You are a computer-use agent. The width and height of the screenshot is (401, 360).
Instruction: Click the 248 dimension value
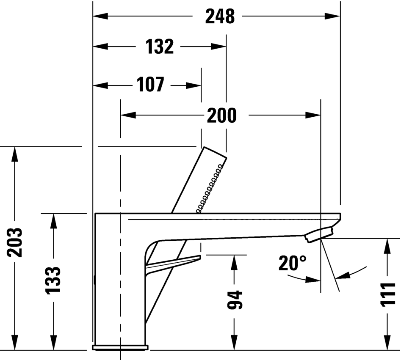[x=220, y=16]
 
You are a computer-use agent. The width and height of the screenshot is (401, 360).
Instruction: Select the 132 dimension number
[x=160, y=47]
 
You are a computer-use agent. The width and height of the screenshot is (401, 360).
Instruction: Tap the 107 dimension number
[x=150, y=85]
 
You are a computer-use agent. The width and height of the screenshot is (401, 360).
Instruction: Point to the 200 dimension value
[x=222, y=115]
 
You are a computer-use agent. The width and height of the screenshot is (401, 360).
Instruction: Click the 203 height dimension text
[x=14, y=242]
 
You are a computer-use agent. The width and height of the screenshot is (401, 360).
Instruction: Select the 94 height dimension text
[x=235, y=300]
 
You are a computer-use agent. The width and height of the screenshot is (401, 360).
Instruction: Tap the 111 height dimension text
[x=388, y=294]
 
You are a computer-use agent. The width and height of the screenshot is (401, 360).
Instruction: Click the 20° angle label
[x=292, y=263]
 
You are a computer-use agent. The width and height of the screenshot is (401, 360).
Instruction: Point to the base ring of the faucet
[x=120, y=347]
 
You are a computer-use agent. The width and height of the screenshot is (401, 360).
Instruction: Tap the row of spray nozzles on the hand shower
[x=210, y=188]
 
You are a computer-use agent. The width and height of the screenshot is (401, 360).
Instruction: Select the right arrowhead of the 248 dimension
[x=332, y=16]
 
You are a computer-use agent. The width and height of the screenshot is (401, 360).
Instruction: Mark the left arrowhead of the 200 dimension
[x=128, y=115]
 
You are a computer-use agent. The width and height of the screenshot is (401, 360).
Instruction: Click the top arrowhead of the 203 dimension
[x=14, y=154]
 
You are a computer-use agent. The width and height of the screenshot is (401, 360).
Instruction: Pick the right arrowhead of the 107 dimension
[x=194, y=85]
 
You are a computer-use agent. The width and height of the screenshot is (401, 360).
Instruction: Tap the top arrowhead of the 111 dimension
[x=388, y=246]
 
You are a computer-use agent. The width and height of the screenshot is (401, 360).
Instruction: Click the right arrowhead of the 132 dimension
[x=218, y=47]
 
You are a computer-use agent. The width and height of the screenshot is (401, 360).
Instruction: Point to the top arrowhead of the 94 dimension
[x=234, y=262]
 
